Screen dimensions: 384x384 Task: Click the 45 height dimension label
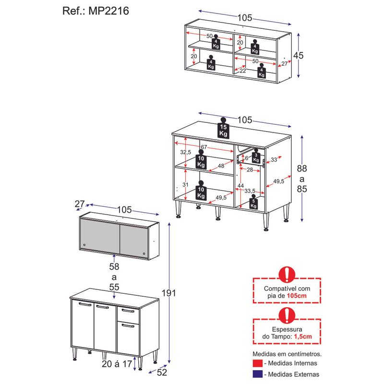tap(299, 55)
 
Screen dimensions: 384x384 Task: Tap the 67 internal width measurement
tap(203, 146)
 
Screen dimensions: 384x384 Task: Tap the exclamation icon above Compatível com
tap(287, 275)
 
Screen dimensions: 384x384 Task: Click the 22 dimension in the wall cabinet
tap(243, 71)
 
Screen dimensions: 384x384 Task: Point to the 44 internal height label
tap(240, 186)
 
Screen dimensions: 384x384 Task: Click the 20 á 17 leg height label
tap(117, 363)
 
